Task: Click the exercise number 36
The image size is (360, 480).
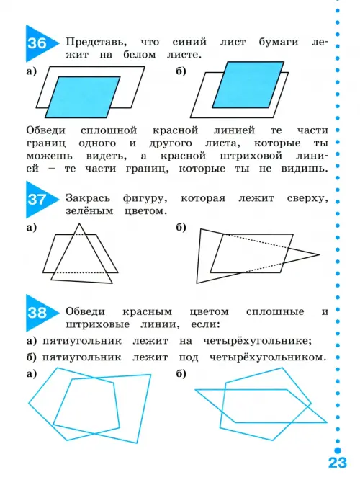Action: [x=37, y=43]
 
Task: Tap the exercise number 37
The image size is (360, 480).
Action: [x=37, y=200]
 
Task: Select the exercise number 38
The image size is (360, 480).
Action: [x=37, y=313]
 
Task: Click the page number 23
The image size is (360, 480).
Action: [x=338, y=463]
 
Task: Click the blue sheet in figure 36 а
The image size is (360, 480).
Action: [x=83, y=97]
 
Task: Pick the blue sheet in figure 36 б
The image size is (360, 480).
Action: [x=248, y=85]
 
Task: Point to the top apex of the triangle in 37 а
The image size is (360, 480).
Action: [x=79, y=223]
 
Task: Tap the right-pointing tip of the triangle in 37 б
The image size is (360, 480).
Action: [x=319, y=254]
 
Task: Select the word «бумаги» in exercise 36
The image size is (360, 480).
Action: [x=279, y=43]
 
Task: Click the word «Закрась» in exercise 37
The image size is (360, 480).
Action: [x=88, y=198]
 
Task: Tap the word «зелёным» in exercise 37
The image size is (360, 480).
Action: [x=89, y=211]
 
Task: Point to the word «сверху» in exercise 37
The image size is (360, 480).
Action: [x=307, y=199]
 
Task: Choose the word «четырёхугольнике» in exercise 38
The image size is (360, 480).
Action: [x=257, y=342]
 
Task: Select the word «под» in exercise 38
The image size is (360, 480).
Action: [x=189, y=357]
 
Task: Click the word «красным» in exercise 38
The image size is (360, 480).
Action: [x=147, y=312]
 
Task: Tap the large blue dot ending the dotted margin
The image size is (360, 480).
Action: [x=338, y=450]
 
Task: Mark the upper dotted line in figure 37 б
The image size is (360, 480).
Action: [x=256, y=241]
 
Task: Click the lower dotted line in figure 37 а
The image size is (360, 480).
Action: [x=79, y=272]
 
